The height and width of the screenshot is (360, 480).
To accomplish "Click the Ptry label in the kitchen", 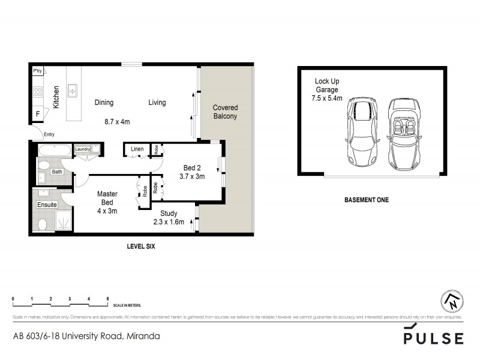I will coord(37,71).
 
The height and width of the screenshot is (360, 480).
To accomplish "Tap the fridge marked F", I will coord(38,113).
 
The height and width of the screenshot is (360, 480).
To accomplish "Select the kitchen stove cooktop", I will coord(37,92).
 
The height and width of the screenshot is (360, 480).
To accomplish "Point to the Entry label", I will coord(49,134).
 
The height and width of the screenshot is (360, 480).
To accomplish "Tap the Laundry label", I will coord(82,149).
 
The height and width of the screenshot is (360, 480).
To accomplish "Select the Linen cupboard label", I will coord(136,148).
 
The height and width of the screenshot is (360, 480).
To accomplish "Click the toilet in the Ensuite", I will coord(43,225).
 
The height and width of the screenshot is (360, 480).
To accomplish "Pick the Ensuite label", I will coord(47,205).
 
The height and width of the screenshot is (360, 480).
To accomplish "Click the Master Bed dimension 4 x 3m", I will coord(108,211).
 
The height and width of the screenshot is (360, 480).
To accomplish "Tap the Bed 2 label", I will coord(192,167).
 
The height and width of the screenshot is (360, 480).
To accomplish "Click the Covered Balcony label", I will coord(225,112).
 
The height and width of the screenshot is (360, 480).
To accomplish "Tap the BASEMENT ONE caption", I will coord(366,200).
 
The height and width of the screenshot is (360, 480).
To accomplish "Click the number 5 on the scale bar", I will coord(107,298).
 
